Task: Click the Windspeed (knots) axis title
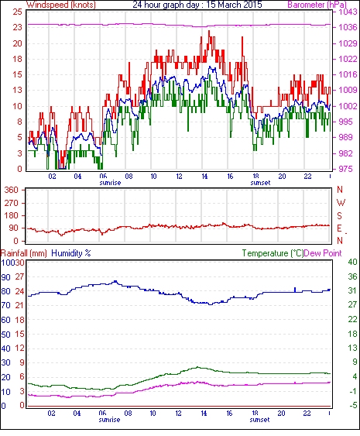pos(61,5)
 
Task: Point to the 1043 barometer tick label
pos(348,12)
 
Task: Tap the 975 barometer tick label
pos(345,169)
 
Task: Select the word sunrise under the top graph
pos(110,183)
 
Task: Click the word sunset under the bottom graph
pos(259,420)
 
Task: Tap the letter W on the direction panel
pos(341,203)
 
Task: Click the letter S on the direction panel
pos(339,215)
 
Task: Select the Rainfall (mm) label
pos(24,253)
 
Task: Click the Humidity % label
pos(71,253)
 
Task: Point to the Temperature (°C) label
pos(273,253)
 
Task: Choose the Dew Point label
pos(323,253)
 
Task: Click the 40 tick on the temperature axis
pos(353,262)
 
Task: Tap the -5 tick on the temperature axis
pos(353,406)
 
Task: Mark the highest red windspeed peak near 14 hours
pos(209,31)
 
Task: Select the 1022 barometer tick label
pos(348,59)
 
